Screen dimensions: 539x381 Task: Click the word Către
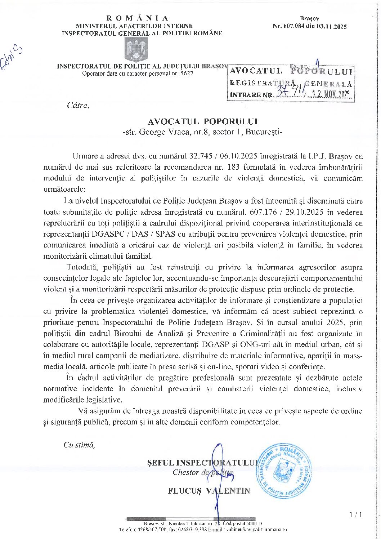tap(77, 106)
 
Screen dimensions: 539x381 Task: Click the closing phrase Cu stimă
tap(79, 445)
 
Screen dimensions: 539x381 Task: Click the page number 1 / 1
tap(356, 515)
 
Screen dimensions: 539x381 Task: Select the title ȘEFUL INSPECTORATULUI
tap(202, 463)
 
